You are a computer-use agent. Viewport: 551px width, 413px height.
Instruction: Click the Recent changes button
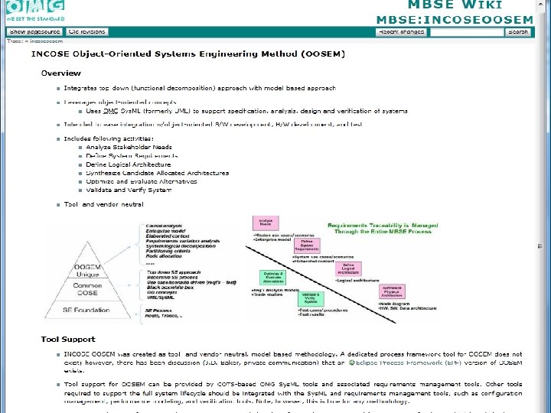tap(400, 32)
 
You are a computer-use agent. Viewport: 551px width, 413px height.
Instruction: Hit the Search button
tap(518, 32)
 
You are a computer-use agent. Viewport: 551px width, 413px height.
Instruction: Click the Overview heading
tap(61, 73)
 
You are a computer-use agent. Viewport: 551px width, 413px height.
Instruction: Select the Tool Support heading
tap(68, 339)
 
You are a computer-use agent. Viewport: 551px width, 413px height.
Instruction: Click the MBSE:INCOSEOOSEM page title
tap(455, 19)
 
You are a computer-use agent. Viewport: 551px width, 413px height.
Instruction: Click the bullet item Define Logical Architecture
tap(129, 164)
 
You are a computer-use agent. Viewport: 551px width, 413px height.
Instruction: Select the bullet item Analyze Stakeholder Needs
tap(129, 146)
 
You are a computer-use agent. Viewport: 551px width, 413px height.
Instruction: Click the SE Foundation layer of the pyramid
tap(90, 309)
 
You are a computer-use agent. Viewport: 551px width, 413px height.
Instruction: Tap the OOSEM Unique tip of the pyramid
tap(88, 271)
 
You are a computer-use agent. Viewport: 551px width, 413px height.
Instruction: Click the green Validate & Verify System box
tap(310, 298)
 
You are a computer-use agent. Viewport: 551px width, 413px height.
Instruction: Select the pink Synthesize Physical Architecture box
tap(393, 291)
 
